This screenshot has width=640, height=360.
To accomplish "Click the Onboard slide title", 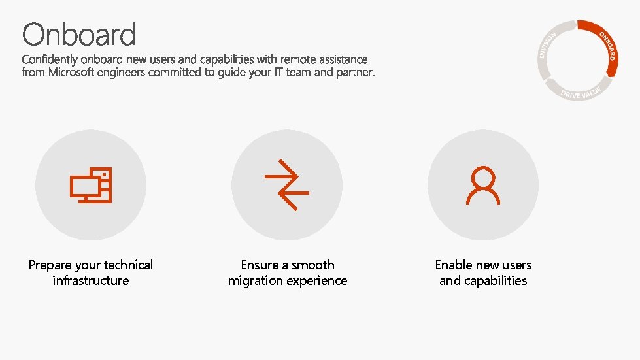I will tap(79, 34).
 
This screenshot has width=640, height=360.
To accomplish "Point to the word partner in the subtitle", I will tap(356, 73).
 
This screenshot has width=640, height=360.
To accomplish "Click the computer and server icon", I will tap(92, 185).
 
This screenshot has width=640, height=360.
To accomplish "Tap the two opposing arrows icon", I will tap(287, 185).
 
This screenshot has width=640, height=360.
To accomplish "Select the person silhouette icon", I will tap(483, 185).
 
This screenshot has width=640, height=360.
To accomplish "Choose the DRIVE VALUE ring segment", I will tap(581, 92).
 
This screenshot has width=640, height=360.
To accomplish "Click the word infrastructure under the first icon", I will tap(91, 281).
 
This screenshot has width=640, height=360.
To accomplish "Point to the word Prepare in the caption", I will tap(50, 265).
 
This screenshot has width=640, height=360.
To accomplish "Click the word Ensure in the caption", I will tap(260, 265).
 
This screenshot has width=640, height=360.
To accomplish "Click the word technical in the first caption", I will tap(128, 265).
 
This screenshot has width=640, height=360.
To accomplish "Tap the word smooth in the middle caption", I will tap(313, 265).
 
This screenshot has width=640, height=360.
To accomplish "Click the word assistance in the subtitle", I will tap(341, 59).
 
